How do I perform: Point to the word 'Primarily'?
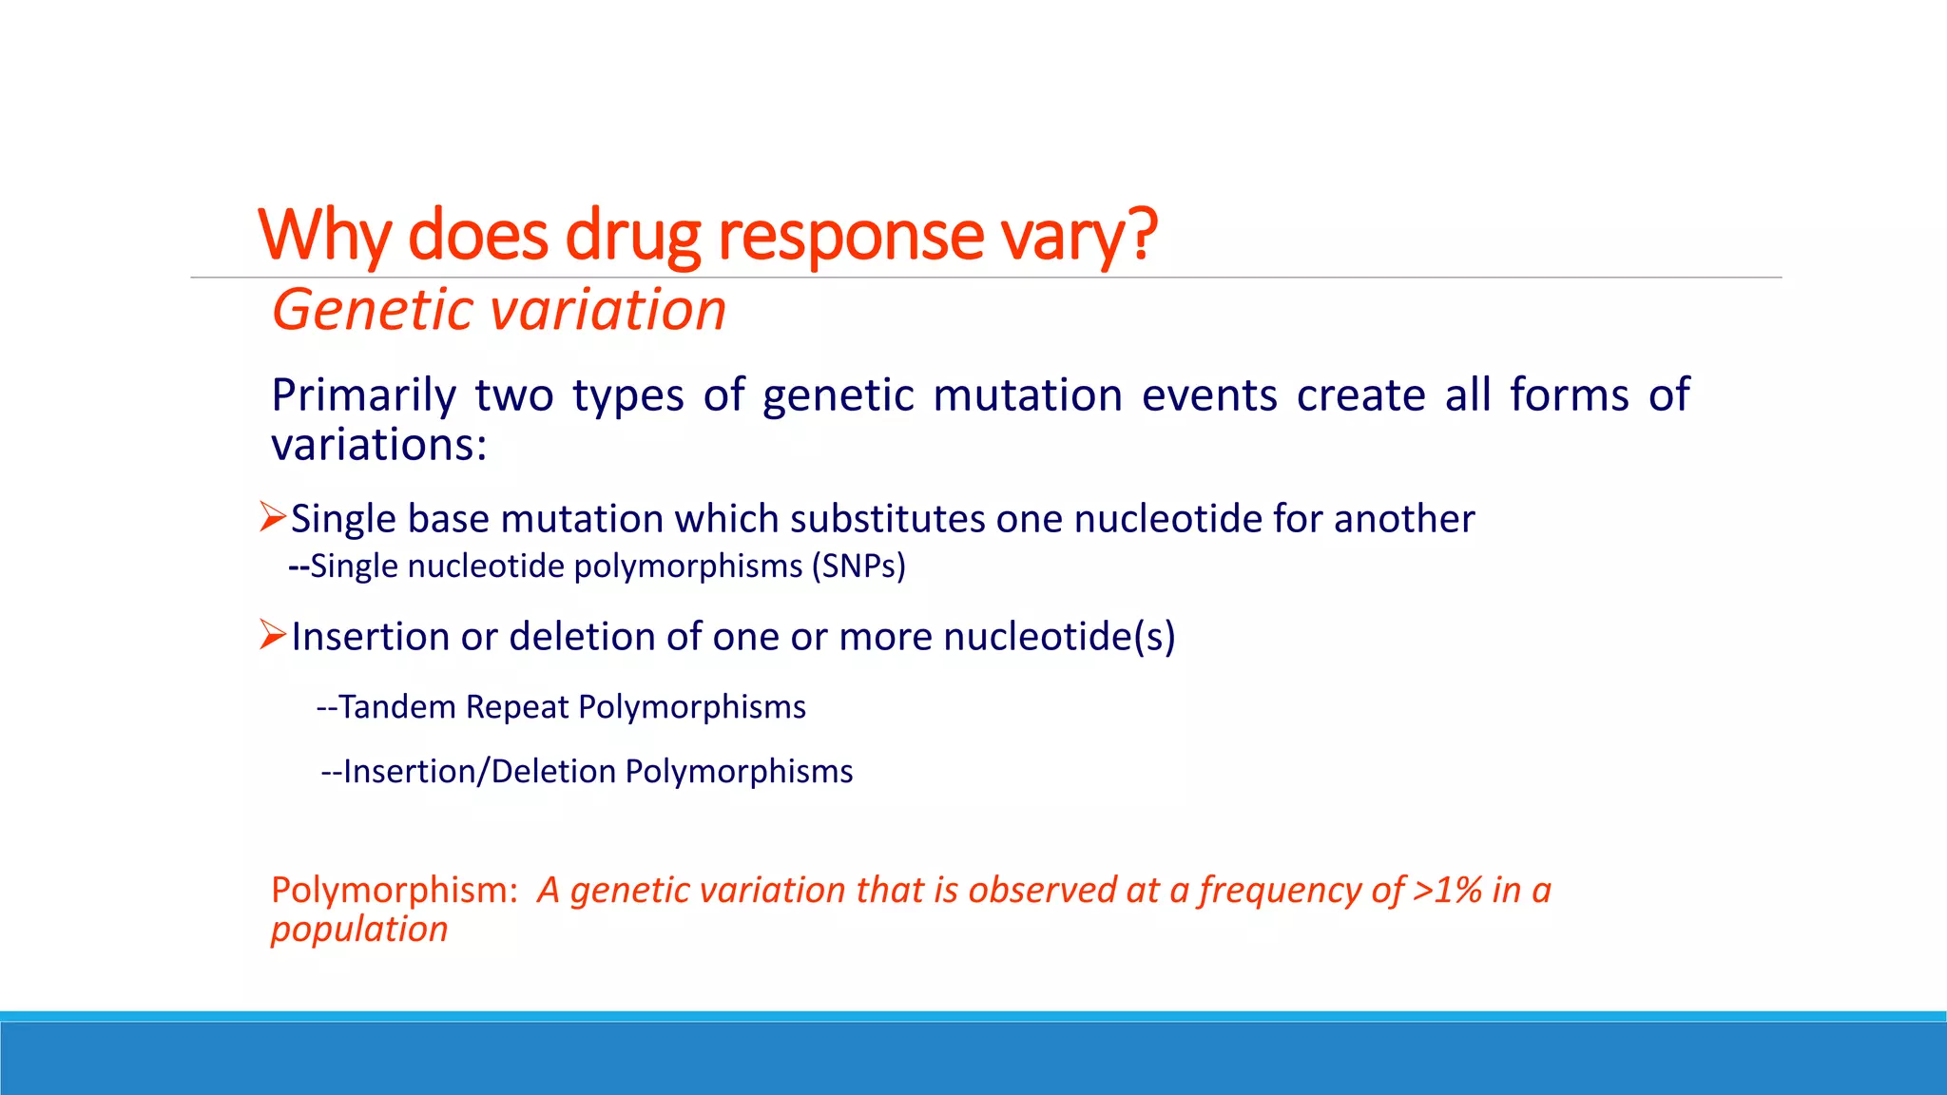coord(363,395)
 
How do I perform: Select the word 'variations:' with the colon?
coord(378,445)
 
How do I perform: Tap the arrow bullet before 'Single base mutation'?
coord(273,517)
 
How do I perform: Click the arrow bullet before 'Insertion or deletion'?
coord(273,634)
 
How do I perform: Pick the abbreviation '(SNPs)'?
coord(858,567)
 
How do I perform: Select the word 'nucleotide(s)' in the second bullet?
coord(1059,637)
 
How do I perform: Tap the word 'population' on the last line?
coord(358,930)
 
